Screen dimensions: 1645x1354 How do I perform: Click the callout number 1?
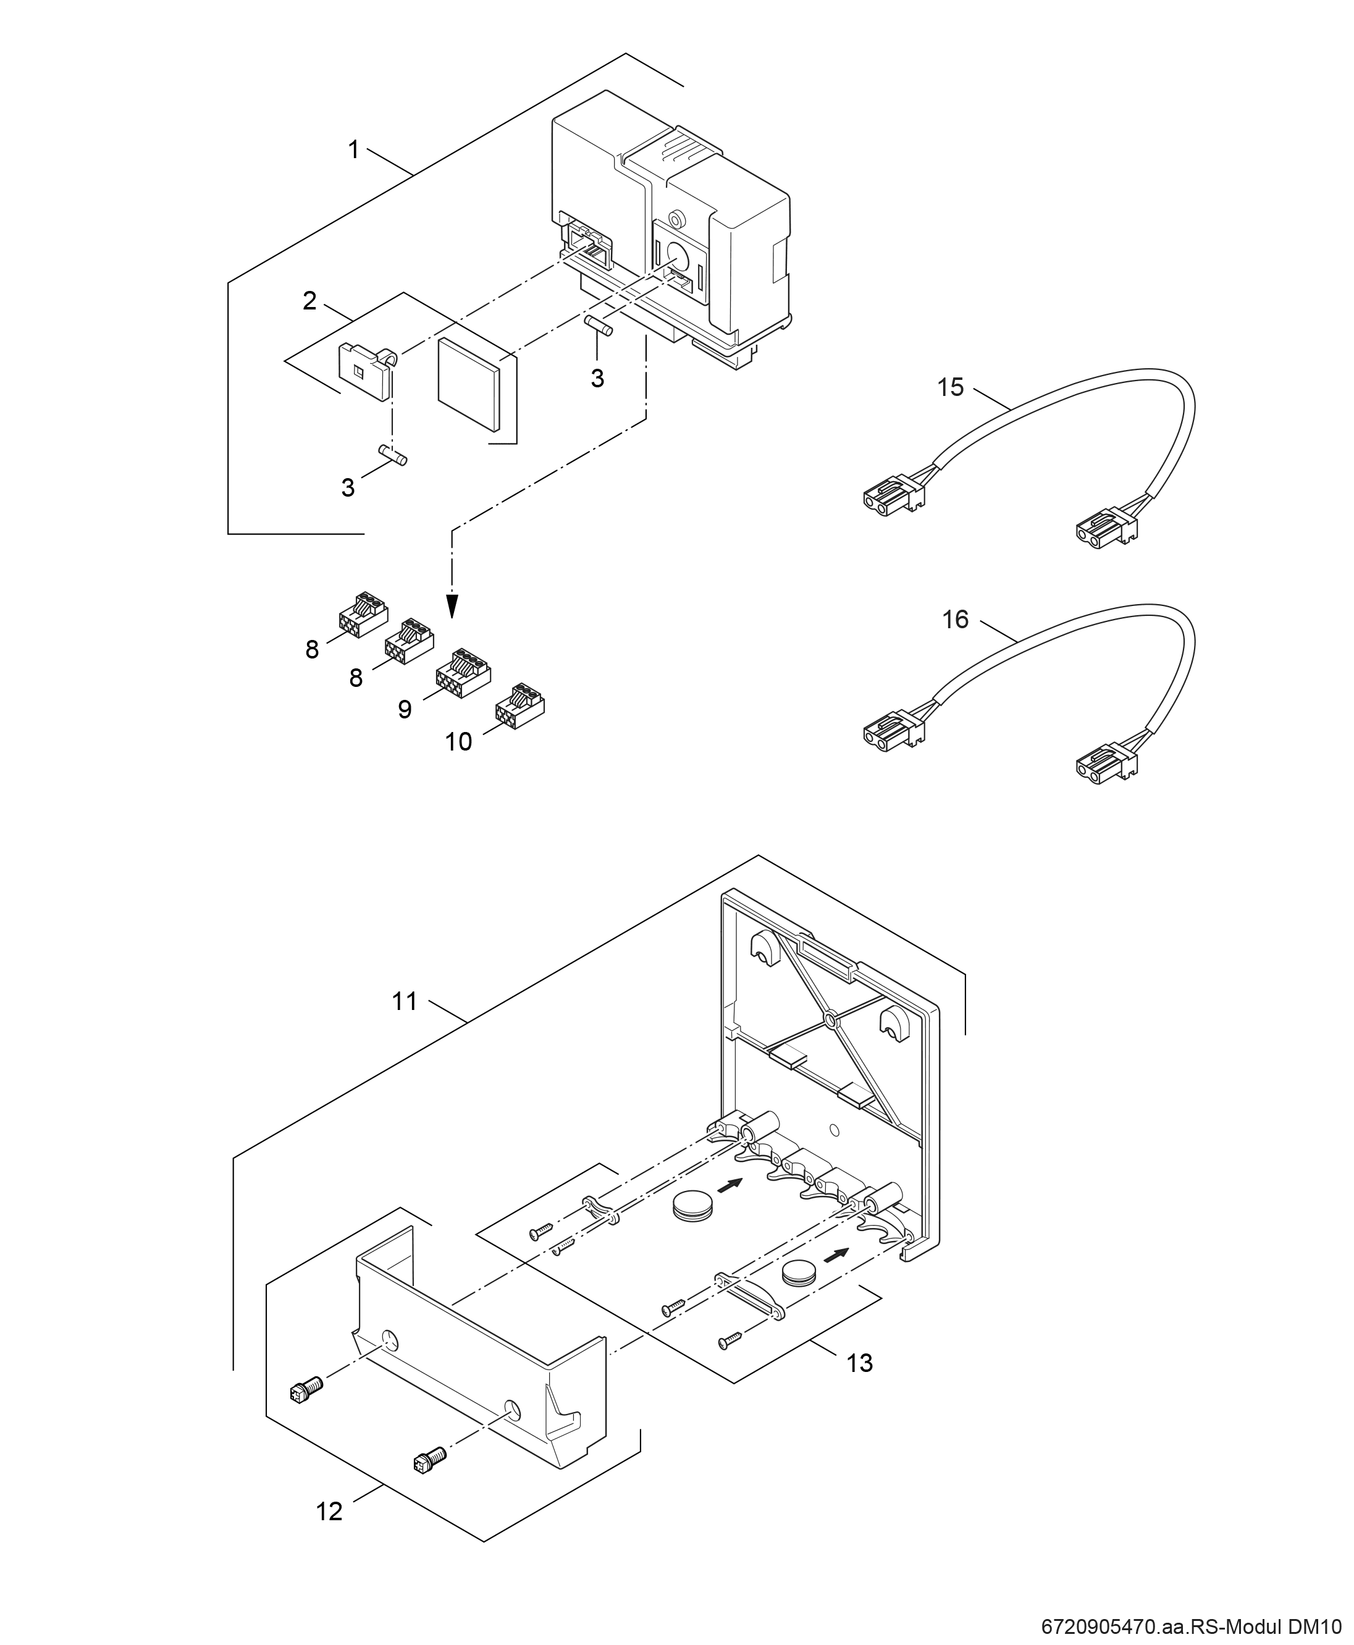click(x=353, y=149)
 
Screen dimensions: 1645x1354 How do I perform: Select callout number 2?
click(x=309, y=300)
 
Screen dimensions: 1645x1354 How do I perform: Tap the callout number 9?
click(x=404, y=709)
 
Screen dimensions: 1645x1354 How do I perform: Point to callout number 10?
click(x=458, y=741)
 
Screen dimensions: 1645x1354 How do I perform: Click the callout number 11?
click(x=405, y=1001)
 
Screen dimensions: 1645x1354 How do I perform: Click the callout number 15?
click(x=951, y=387)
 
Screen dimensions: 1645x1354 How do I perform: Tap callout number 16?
click(x=956, y=620)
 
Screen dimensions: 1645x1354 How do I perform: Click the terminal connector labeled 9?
click(x=463, y=672)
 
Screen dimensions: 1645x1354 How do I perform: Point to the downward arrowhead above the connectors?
click(x=452, y=605)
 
